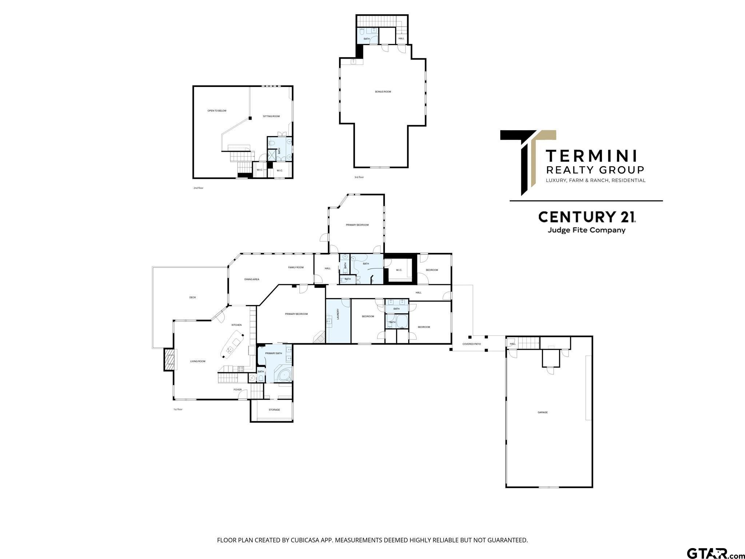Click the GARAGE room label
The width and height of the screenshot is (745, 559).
pyautogui.click(x=542, y=412)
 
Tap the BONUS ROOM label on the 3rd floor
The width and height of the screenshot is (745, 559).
pyautogui.click(x=383, y=92)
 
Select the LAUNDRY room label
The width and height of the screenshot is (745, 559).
pyautogui.click(x=338, y=314)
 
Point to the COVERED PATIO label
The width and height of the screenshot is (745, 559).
pyautogui.click(x=471, y=344)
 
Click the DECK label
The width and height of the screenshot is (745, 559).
pyautogui.click(x=192, y=297)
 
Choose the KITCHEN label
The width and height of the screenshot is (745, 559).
pyautogui.click(x=236, y=325)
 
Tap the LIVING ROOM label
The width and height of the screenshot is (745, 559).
pyautogui.click(x=198, y=361)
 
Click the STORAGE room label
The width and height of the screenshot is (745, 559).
pyautogui.click(x=274, y=410)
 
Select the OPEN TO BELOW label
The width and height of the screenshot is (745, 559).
pyautogui.click(x=217, y=111)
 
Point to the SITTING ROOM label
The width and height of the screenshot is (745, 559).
pyautogui.click(x=271, y=116)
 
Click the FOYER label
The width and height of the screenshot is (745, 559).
pyautogui.click(x=238, y=390)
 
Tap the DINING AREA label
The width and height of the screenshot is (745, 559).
pyautogui.click(x=252, y=279)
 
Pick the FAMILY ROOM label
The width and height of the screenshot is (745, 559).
pyautogui.click(x=296, y=267)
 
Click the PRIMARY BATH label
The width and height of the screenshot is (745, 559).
pyautogui.click(x=274, y=353)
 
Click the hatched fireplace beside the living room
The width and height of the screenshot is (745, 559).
pyautogui.click(x=170, y=360)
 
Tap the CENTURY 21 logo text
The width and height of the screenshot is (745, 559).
pyautogui.click(x=587, y=217)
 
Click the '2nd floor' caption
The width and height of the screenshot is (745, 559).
pyautogui.click(x=198, y=188)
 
